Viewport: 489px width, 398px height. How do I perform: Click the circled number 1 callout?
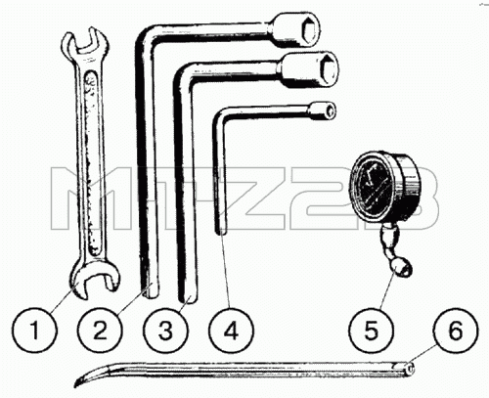point(34,330)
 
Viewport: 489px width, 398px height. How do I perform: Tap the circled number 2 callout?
point(100,330)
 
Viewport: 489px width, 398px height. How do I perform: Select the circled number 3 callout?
point(166,330)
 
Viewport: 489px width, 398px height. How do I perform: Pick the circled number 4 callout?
point(232,330)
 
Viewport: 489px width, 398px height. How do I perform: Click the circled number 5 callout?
point(371,330)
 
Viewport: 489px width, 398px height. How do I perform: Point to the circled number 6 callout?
point(456,330)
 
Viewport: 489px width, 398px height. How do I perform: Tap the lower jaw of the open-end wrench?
point(94,278)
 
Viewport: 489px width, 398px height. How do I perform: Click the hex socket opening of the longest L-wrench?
point(309,30)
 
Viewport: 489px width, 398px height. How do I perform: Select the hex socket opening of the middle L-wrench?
point(329,69)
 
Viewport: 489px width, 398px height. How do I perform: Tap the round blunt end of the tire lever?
point(411,369)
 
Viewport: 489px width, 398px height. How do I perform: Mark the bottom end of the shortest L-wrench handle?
point(221,231)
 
